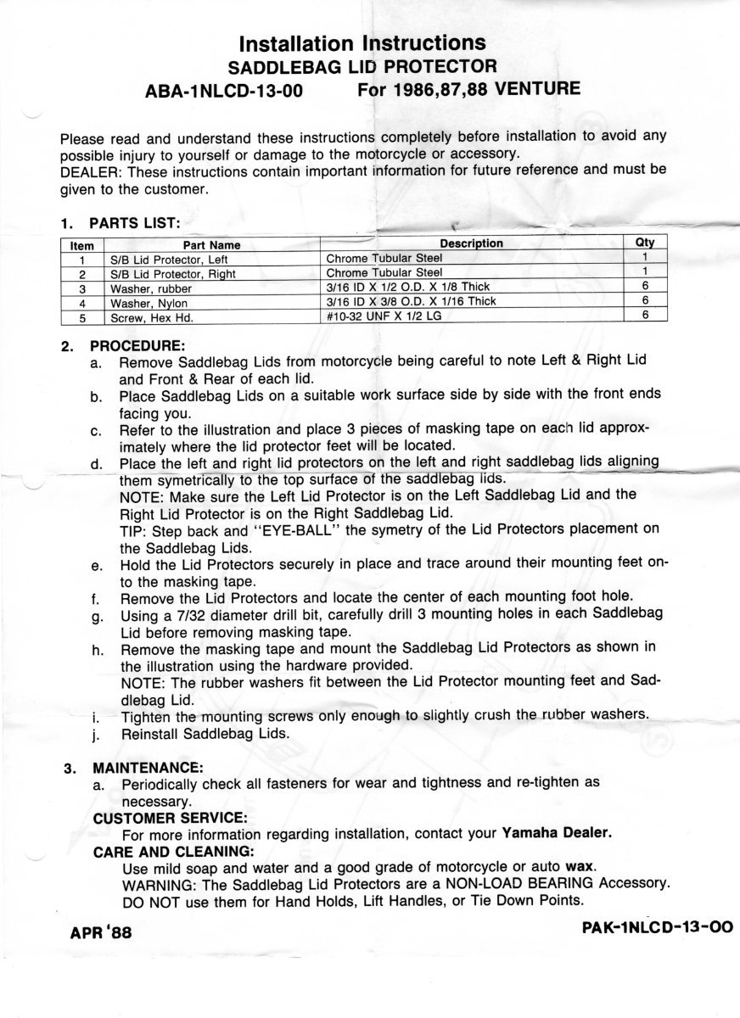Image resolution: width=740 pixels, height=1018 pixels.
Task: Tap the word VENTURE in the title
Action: tap(532, 89)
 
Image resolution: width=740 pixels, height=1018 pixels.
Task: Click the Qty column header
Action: tap(645, 243)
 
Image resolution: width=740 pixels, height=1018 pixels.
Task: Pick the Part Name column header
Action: tap(212, 245)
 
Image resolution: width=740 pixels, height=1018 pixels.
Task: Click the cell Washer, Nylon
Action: tap(149, 303)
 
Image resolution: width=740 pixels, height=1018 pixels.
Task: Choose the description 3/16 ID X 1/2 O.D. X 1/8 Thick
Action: tap(412, 287)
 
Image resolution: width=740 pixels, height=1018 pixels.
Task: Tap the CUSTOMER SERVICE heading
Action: tap(170, 817)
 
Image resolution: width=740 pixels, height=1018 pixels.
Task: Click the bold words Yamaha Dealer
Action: tap(556, 833)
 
